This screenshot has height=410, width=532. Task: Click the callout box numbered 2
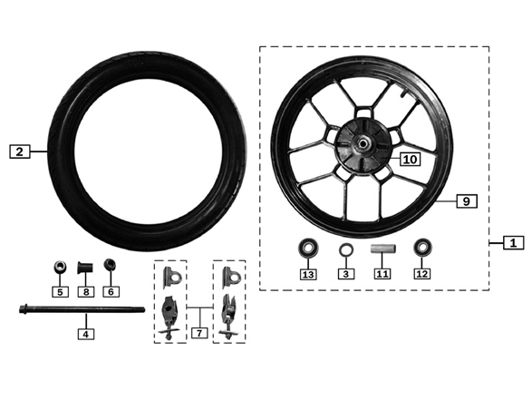tap(20, 151)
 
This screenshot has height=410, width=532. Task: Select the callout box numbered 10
tap(411, 159)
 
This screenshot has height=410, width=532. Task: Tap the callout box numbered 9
tap(467, 201)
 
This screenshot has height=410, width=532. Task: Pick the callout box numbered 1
tap(513, 243)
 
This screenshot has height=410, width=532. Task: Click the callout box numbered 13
tap(308, 274)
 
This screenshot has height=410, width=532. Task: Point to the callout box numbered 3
tap(346, 274)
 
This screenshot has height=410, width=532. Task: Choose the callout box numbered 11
tap(382, 274)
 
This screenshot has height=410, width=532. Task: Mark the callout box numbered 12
tap(422, 274)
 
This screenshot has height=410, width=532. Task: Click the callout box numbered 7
tap(199, 333)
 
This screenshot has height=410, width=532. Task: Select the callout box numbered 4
tap(86, 334)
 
